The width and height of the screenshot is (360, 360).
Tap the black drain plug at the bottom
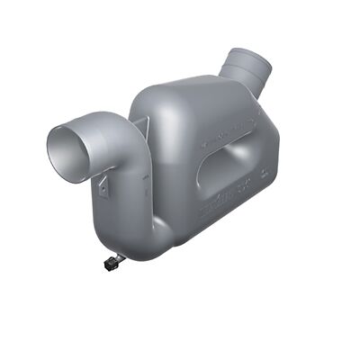coord(112,262)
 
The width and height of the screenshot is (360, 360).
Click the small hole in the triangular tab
coord(103,189)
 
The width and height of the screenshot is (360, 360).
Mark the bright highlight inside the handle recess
coord(236,171)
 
